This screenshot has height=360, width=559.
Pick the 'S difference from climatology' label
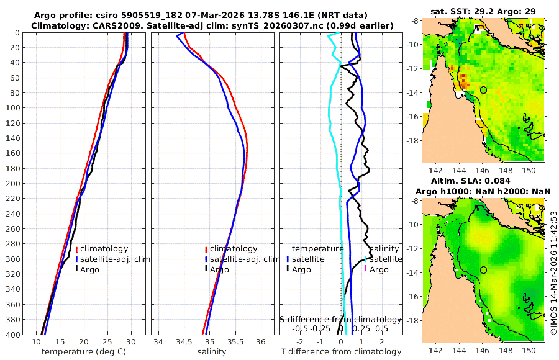pos(340,318)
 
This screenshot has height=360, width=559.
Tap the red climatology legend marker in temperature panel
pos(76,250)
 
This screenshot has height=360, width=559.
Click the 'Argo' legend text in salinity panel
pos(219,269)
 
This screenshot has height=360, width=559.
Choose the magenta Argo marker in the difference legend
pos(365,269)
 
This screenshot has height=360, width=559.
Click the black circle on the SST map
pos(483,90)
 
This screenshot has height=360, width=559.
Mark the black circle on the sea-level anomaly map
pos(483,270)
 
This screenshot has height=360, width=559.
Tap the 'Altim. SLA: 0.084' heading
pos(484,180)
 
